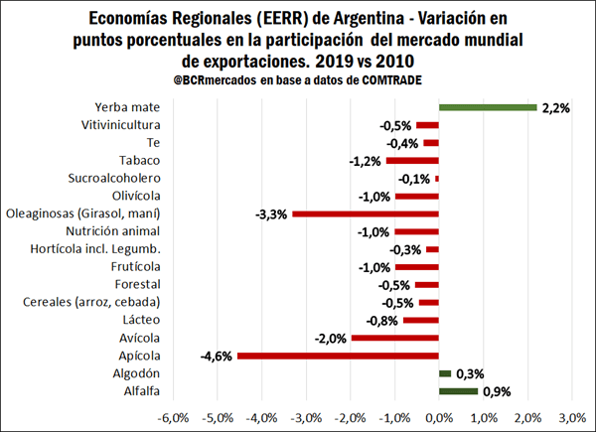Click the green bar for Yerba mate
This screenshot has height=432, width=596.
coord(488,107)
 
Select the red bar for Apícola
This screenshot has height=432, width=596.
coord(338,356)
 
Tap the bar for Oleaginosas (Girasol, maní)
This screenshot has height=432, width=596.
coord(366,214)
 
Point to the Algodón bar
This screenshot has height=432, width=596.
coord(445,373)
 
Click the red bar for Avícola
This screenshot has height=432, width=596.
coord(395,338)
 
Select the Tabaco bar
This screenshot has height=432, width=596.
coord(412,161)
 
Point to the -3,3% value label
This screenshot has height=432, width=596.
coord(272,214)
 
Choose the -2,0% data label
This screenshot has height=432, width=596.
coord(332,338)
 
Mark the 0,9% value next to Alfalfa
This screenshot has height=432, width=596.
coord(497,391)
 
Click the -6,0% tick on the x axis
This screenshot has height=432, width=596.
coord(176,416)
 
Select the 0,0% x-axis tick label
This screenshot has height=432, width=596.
coord(439,416)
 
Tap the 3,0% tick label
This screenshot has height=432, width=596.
coord(571,416)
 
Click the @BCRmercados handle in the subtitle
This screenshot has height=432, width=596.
coord(197,78)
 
